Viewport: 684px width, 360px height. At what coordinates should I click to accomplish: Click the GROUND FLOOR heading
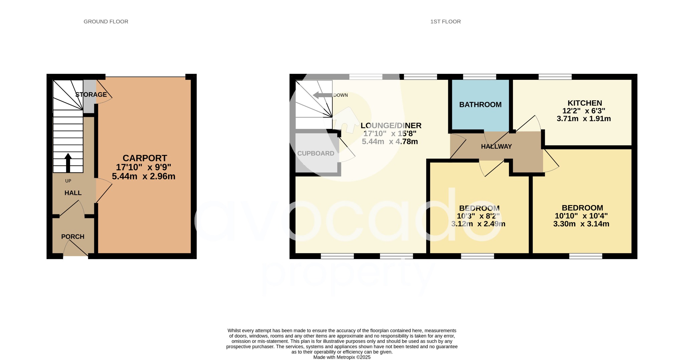106,22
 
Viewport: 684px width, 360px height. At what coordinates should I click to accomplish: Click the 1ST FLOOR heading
445,22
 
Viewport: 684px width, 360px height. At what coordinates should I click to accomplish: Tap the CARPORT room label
145,158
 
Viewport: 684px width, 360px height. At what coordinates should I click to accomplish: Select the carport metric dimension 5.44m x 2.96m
143,176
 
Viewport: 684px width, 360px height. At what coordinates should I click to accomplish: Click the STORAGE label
91,95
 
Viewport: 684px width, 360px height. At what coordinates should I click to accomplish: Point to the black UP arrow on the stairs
68,162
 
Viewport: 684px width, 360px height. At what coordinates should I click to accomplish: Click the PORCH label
72,236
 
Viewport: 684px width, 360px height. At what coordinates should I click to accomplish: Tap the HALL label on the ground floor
73,193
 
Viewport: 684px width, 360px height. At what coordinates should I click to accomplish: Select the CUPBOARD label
316,153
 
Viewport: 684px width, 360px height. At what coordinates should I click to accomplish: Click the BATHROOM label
480,105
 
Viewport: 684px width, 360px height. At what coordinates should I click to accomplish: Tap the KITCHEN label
584,103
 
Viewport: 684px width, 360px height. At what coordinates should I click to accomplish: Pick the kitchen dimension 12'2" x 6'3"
583,111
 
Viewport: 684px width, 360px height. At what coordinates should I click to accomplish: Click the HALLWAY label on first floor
496,146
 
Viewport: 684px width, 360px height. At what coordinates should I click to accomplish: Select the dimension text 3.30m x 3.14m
581,224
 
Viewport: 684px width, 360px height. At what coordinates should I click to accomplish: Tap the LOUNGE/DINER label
391,126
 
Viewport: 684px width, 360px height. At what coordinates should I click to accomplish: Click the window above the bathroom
479,77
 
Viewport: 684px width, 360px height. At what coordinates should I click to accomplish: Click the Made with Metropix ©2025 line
342,357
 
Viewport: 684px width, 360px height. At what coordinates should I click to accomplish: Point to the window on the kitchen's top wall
555,77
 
